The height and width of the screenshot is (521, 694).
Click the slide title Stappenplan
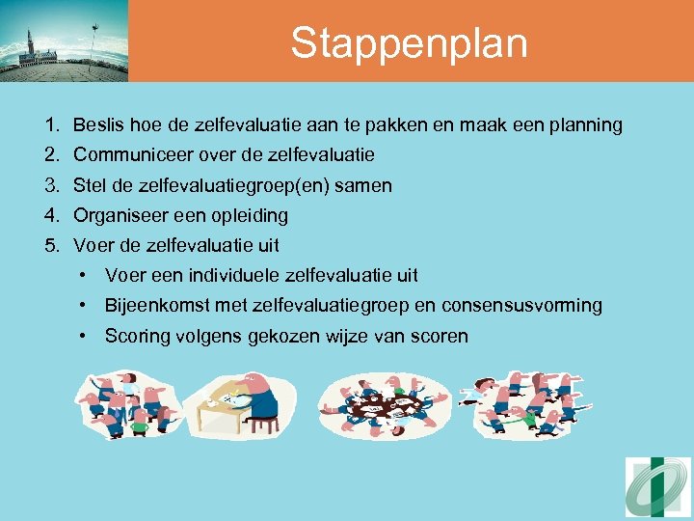tap(409, 43)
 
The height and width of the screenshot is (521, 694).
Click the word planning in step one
tap(584, 125)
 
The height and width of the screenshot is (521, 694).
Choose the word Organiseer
tap(118, 215)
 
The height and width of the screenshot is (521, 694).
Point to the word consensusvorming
tap(521, 306)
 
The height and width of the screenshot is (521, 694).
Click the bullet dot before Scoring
tap(87, 336)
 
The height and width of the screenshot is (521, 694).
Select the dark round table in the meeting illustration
tap(386, 406)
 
